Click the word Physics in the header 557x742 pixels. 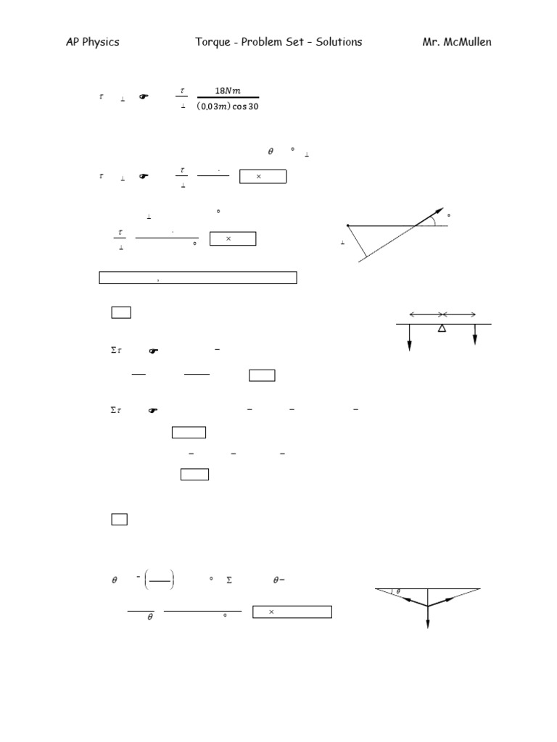click(101, 42)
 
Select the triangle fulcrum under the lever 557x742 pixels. click(442, 329)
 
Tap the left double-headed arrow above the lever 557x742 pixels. click(426, 314)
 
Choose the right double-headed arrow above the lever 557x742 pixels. click(460, 314)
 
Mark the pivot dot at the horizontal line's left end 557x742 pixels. click(348, 225)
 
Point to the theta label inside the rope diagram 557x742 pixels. click(398, 592)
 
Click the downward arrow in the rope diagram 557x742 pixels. click(428, 616)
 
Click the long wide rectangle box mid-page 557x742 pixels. click(197, 277)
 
